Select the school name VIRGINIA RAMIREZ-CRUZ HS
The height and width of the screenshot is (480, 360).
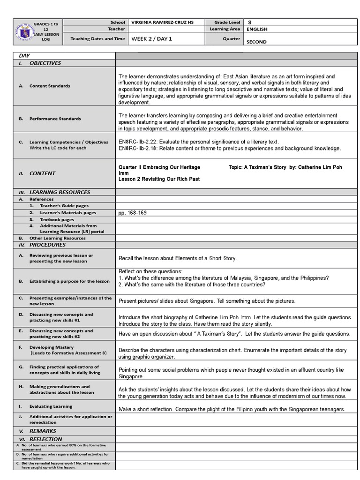163,22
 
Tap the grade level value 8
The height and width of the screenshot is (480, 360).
249,22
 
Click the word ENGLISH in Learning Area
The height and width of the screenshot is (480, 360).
257,29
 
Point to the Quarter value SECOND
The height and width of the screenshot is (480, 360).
256,42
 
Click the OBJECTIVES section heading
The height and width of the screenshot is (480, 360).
45,63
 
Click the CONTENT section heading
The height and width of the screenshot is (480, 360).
42,173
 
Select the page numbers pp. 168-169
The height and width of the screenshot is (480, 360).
133,213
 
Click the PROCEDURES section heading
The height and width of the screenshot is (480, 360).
47,245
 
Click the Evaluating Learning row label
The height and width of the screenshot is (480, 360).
51,406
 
